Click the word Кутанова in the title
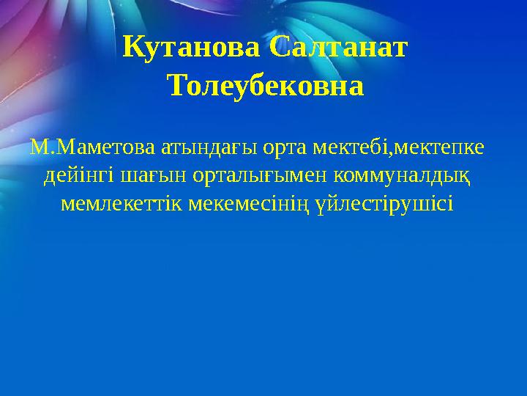191,48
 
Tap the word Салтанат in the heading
338,46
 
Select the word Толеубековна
267,86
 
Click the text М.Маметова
93,147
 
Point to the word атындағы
209,148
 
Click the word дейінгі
79,176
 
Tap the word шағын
153,177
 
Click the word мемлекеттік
122,204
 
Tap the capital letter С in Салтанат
278,47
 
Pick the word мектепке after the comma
439,148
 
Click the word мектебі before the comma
351,147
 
